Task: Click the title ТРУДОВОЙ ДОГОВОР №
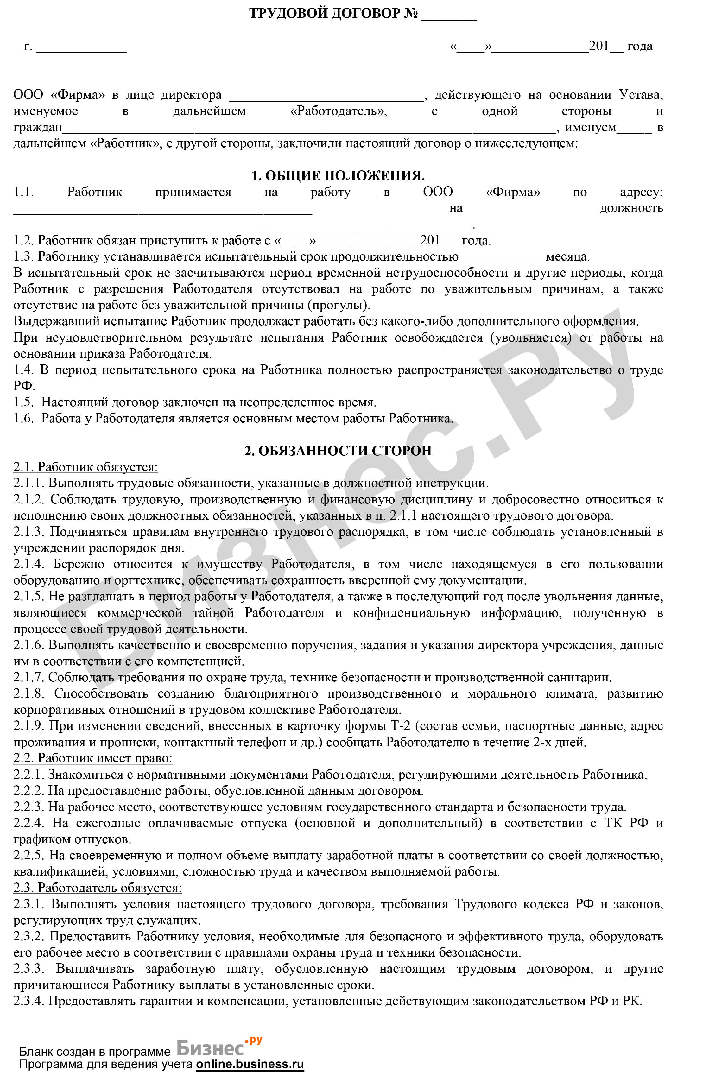(x=333, y=14)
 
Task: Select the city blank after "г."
(x=81, y=49)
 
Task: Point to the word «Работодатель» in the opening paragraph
(x=339, y=111)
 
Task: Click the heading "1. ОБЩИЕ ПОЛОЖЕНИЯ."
(x=338, y=175)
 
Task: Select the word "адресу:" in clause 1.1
(x=642, y=192)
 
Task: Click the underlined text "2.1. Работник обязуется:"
(x=85, y=467)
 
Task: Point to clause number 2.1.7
(x=28, y=677)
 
